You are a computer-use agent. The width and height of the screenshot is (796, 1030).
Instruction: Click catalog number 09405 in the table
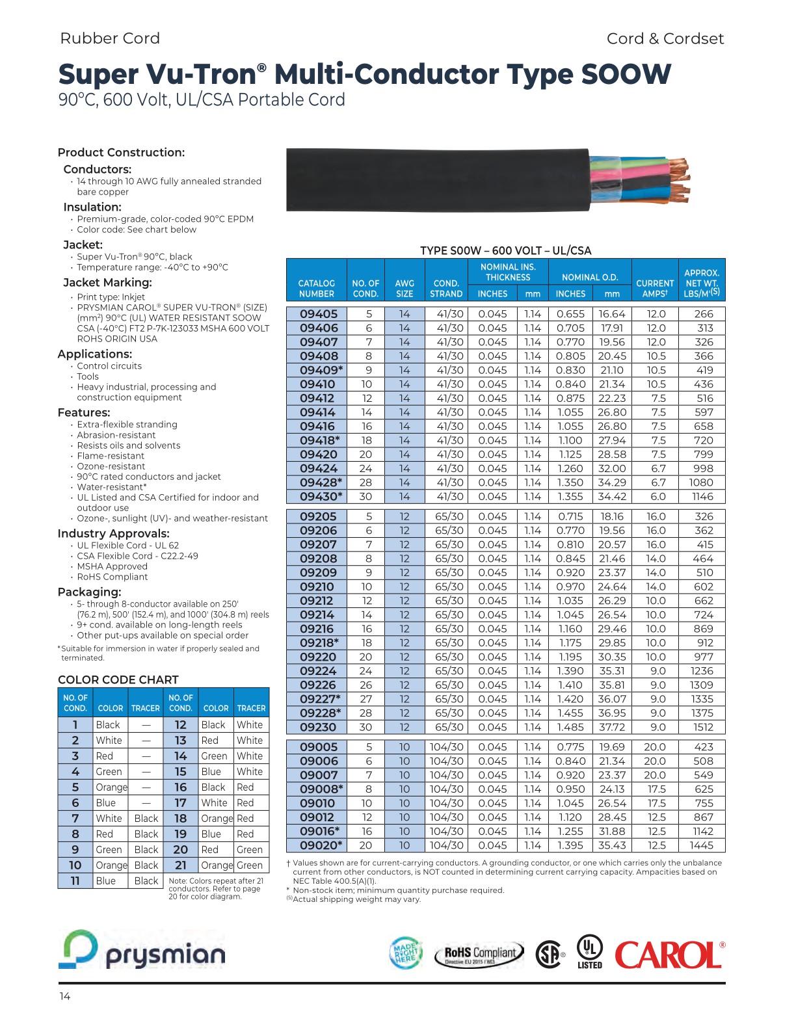pyautogui.click(x=318, y=314)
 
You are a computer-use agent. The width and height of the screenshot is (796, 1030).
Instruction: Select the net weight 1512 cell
pyautogui.click(x=703, y=728)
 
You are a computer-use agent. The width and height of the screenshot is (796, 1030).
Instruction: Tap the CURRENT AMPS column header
pyautogui.click(x=654, y=288)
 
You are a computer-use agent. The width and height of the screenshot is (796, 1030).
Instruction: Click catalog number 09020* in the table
pyautogui.click(x=321, y=846)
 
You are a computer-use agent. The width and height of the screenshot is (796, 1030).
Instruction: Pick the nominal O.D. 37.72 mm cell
pyautogui.click(x=611, y=728)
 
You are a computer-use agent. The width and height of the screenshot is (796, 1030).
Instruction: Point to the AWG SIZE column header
pyautogui.click(x=405, y=288)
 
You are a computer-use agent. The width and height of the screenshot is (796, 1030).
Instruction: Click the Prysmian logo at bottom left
pyautogui.click(x=142, y=951)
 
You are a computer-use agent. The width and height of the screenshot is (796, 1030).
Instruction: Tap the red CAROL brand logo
pyautogui.click(x=669, y=955)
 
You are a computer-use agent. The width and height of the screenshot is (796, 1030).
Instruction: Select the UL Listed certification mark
pyautogui.click(x=590, y=952)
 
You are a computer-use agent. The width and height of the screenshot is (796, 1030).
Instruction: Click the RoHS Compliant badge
pyautogui.click(x=480, y=955)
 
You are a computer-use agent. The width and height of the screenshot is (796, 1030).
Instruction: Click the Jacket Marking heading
pyautogui.click(x=107, y=283)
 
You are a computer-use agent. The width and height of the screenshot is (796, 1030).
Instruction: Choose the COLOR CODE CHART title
pyautogui.click(x=118, y=680)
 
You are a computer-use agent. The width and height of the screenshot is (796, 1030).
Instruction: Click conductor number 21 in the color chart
pyautogui.click(x=180, y=865)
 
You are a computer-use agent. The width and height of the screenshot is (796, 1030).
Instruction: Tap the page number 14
pyautogui.click(x=64, y=997)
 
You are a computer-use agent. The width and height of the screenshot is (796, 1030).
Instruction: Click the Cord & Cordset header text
pyautogui.click(x=665, y=39)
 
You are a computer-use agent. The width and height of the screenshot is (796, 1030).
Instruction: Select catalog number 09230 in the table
pyautogui.click(x=318, y=728)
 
